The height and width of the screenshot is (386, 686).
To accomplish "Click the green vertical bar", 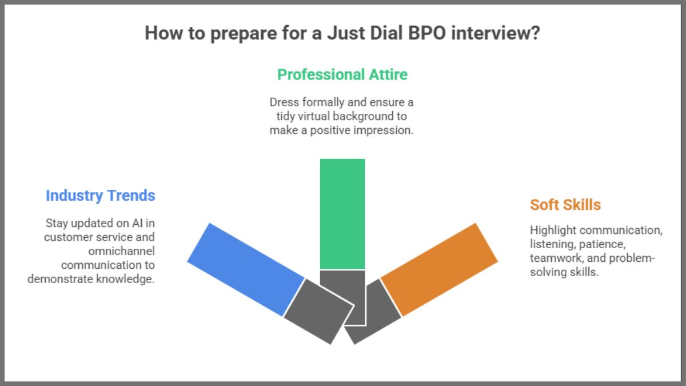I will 342,213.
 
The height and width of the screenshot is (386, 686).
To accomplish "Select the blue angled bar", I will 246,269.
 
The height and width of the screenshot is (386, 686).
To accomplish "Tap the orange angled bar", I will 439,269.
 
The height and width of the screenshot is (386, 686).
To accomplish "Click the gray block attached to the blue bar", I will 319,311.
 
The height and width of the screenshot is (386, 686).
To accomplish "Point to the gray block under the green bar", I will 342,295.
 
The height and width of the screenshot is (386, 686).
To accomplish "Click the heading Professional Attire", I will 342,74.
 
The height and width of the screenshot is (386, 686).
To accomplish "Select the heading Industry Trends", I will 100,196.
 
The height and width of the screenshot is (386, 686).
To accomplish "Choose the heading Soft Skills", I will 565,205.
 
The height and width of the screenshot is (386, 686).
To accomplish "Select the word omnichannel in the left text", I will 122,251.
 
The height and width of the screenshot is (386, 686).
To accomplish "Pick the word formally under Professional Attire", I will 325,102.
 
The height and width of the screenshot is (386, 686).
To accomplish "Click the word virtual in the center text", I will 306,116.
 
